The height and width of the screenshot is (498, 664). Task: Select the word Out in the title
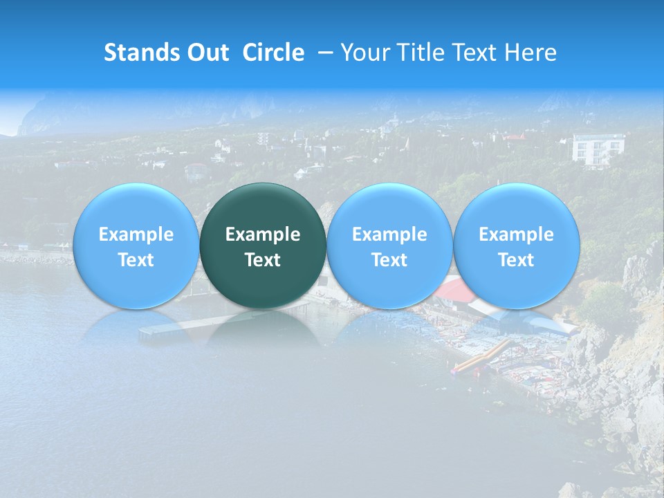coord(207,53)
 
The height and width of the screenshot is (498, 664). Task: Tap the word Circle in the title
coord(273,53)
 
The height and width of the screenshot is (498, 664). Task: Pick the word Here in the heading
coord(533,53)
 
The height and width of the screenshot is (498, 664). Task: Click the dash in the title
coord(323,53)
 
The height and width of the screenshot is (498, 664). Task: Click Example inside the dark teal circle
coord(263,234)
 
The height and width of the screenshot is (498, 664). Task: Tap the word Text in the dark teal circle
coord(263,260)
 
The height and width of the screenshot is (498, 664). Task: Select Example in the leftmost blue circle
coord(136,234)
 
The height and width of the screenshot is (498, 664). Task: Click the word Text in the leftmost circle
coord(136,260)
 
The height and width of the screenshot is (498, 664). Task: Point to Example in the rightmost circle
coord(516,234)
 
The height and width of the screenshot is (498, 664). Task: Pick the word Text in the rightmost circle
coord(516,260)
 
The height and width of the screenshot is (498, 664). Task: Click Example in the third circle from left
coord(389,234)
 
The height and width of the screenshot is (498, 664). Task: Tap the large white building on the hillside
coord(597,149)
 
